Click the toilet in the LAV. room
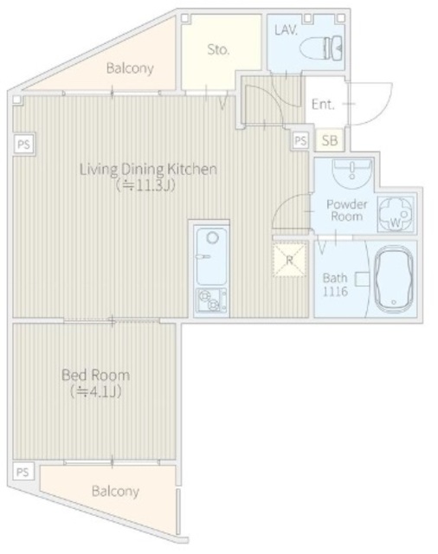(321, 48)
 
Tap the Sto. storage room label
(218, 50)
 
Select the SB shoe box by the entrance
(330, 140)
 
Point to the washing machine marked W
(396, 214)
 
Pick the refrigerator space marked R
(289, 260)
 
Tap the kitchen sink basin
(211, 256)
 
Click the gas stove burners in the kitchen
(211, 300)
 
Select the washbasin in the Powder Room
(351, 172)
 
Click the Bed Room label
(96, 375)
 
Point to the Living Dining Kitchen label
(148, 170)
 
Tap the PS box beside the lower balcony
(23, 472)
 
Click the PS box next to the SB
(300, 140)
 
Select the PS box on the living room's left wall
(24, 145)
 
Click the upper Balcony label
(130, 68)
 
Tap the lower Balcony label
(115, 492)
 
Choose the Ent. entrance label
(323, 104)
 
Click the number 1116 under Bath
(335, 292)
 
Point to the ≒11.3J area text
(145, 185)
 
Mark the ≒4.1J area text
(96, 391)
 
